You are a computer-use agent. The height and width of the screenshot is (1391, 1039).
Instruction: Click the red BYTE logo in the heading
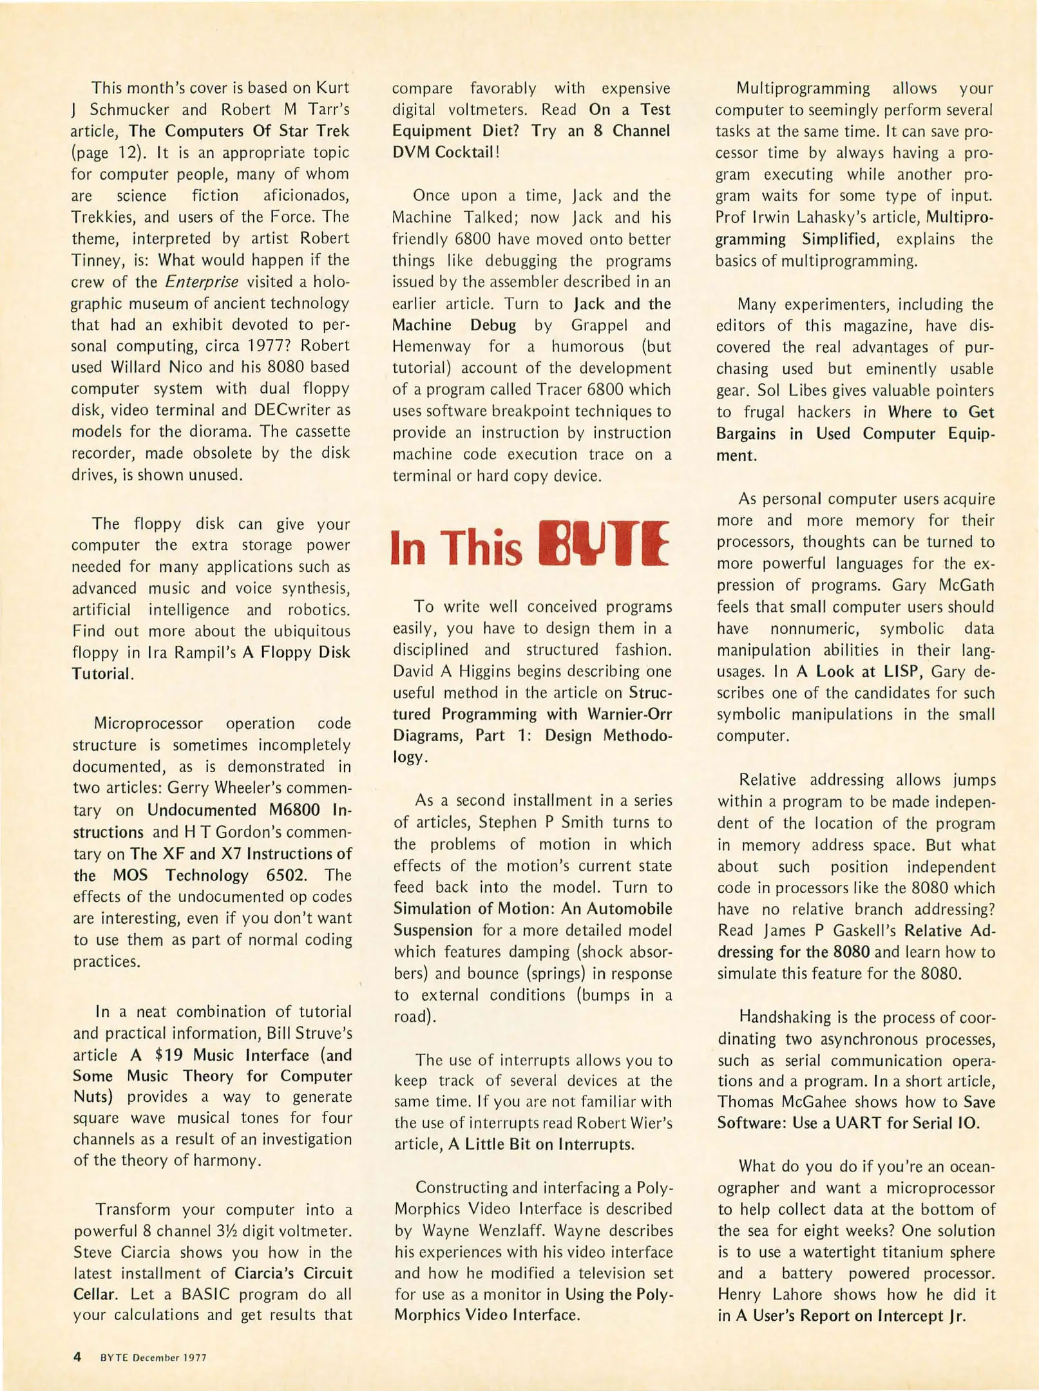(604, 544)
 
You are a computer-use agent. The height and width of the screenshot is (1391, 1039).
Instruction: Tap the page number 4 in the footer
(77, 1357)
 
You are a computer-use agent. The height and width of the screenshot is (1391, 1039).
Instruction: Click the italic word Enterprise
(202, 281)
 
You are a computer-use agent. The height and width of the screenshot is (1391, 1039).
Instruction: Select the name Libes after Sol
(806, 390)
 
